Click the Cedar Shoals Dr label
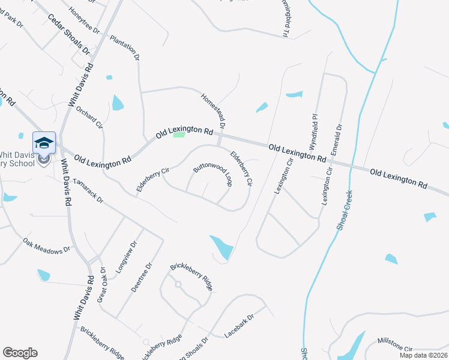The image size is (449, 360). [x=68, y=34]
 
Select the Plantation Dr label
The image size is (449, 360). [x=124, y=46]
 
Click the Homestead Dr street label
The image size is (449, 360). [x=212, y=110]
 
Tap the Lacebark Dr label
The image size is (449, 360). [x=239, y=324]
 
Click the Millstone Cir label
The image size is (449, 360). [x=395, y=344]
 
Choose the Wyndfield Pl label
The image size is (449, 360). [x=312, y=131]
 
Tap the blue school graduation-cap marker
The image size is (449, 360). [x=44, y=143]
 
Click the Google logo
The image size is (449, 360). [x=20, y=353]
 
